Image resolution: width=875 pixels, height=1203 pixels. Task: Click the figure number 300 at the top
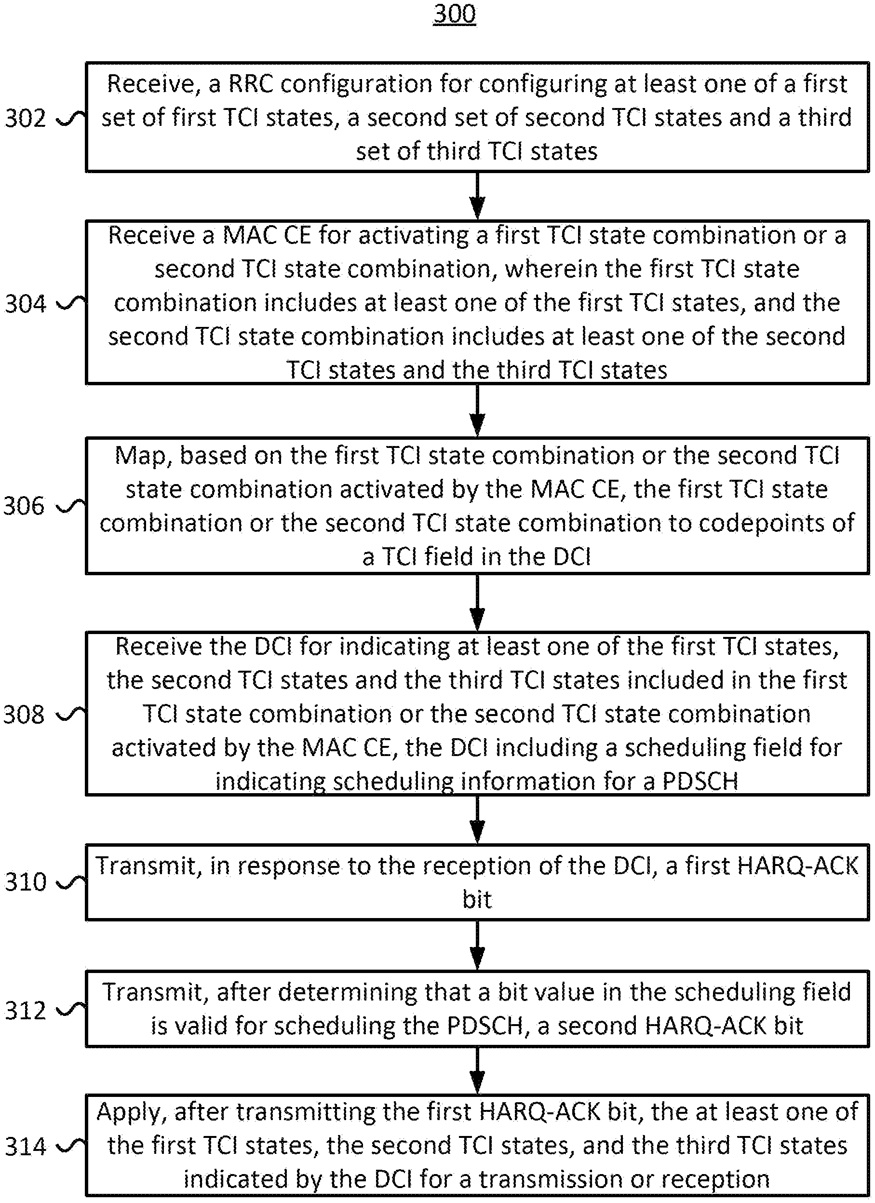[x=455, y=14]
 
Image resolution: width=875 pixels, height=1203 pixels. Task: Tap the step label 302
[x=26, y=118]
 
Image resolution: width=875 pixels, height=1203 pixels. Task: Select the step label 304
[x=26, y=304]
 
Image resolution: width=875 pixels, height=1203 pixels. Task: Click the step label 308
[x=25, y=715]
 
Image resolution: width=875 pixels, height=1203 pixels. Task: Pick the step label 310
[x=26, y=881]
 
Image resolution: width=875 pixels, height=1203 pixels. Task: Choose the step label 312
[x=26, y=1011]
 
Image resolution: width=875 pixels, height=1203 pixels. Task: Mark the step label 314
[x=26, y=1147]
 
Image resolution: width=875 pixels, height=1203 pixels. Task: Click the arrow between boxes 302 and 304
[x=477, y=196]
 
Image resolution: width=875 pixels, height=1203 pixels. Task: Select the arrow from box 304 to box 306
[x=477, y=410]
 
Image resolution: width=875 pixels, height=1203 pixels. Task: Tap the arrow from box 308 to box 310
[x=477, y=819]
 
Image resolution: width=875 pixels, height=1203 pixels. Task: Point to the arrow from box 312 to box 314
[x=477, y=1070]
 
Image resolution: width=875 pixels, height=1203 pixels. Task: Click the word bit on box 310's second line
[x=477, y=900]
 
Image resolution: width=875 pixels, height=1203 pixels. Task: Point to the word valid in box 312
[x=200, y=1025]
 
